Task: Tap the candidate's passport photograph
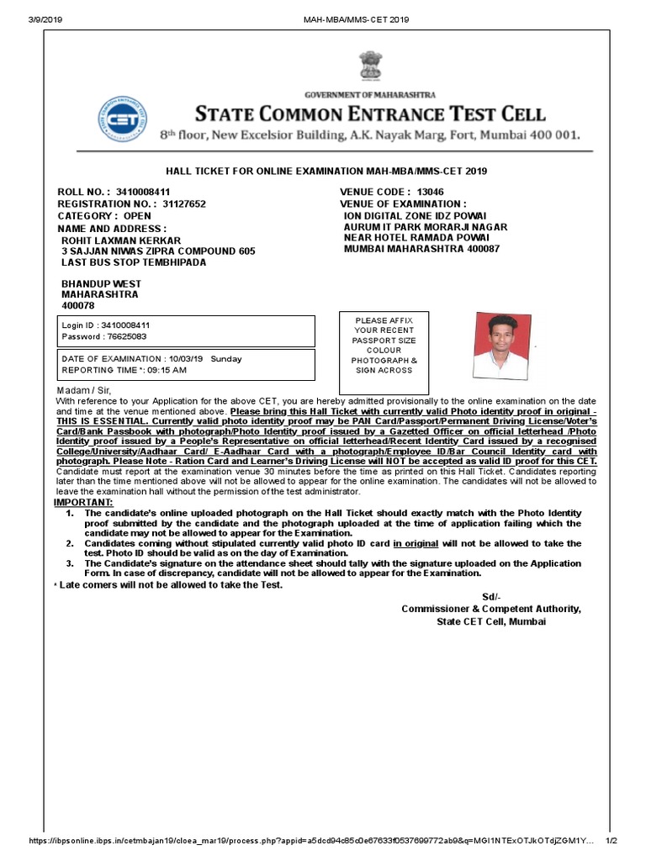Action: pyautogui.click(x=500, y=346)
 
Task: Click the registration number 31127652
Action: pyautogui.click(x=183, y=203)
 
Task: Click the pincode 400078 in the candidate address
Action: pyautogui.click(x=78, y=306)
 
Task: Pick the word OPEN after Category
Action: pyautogui.click(x=137, y=215)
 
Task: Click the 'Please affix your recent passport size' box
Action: pyautogui.click(x=384, y=346)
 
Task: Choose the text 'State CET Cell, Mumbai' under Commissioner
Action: pyautogui.click(x=490, y=621)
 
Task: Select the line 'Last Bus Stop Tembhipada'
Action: pyautogui.click(x=135, y=262)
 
